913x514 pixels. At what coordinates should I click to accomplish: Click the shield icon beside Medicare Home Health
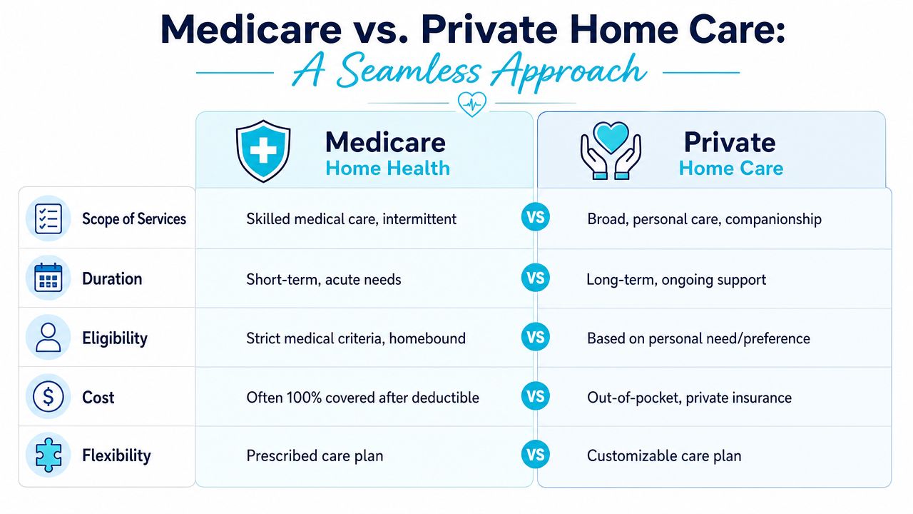click(x=263, y=151)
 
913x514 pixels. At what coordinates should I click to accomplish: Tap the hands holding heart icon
click(x=611, y=151)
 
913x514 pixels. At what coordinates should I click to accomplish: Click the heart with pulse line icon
click(x=472, y=104)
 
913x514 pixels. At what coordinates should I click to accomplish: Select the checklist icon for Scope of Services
click(x=49, y=218)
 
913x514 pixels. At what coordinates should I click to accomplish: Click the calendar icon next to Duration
click(x=49, y=278)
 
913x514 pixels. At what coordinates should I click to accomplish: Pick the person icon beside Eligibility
click(x=49, y=338)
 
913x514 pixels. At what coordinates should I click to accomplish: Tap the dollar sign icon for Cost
click(x=49, y=396)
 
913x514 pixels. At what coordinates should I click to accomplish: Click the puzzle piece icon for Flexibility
click(x=49, y=455)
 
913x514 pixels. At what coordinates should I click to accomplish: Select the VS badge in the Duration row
click(x=535, y=278)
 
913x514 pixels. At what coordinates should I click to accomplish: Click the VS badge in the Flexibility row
click(x=535, y=455)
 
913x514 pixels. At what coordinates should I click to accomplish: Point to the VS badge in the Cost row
click(x=535, y=396)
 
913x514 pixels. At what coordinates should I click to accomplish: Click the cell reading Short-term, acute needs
click(x=324, y=279)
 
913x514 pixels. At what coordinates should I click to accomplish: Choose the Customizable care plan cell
click(x=664, y=455)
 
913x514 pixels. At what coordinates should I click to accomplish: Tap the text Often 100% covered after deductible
click(x=363, y=398)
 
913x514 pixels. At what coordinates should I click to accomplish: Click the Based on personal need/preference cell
click(x=698, y=338)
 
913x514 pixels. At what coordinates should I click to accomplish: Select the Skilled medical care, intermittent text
click(x=352, y=219)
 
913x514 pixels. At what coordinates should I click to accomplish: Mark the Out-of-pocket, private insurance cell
click(x=689, y=398)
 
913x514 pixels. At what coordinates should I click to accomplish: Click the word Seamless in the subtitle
click(x=409, y=70)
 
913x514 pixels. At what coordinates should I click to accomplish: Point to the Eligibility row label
click(x=115, y=338)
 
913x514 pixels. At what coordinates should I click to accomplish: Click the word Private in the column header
click(x=730, y=142)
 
